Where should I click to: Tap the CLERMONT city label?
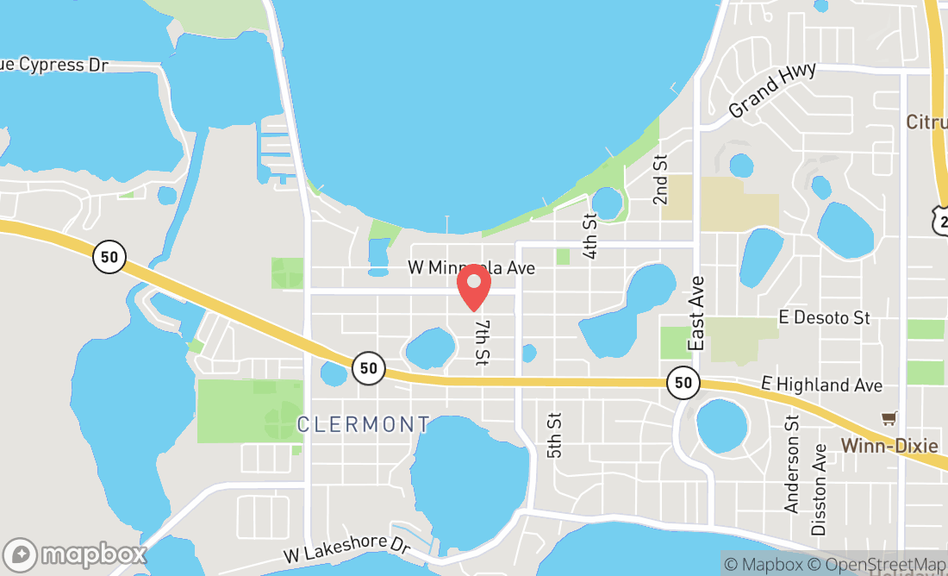coord(363,424)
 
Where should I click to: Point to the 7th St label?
coord(482,341)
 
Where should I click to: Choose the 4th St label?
coord(590,236)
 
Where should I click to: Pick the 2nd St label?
coord(661,179)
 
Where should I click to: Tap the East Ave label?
coord(697,314)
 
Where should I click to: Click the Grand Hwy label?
coord(772,91)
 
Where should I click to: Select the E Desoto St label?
coord(824,318)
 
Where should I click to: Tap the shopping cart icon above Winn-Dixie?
coord(889,418)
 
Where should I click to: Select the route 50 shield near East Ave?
coord(683,382)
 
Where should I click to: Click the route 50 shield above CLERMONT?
coord(368,368)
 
